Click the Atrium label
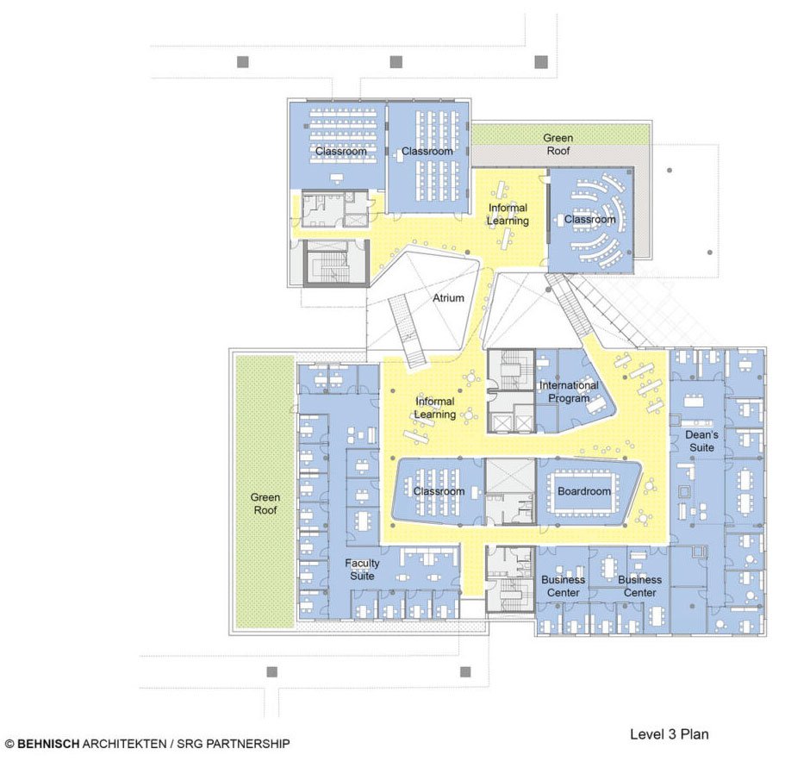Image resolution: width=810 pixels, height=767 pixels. (447, 298)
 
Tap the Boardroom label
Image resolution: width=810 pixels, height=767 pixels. (584, 491)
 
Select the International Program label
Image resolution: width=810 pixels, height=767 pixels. (569, 391)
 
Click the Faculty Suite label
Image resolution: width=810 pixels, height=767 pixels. (362, 570)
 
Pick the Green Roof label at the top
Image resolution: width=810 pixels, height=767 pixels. (558, 144)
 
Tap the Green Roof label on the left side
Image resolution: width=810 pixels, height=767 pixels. (265, 503)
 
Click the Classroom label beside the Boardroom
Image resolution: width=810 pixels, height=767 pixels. (438, 491)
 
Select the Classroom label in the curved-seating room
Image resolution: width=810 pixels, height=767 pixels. (589, 220)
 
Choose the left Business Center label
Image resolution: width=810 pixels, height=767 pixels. (563, 586)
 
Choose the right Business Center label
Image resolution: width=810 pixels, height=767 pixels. (639, 586)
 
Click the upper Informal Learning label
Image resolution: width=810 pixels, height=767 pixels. (508, 215)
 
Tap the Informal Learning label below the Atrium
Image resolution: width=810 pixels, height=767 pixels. (434, 408)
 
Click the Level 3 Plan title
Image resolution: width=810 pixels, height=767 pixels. (669, 734)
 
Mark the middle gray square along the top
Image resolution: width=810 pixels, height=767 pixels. (396, 61)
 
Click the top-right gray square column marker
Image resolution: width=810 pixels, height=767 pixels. (541, 61)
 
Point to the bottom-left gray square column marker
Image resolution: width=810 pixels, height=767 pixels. (272, 671)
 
